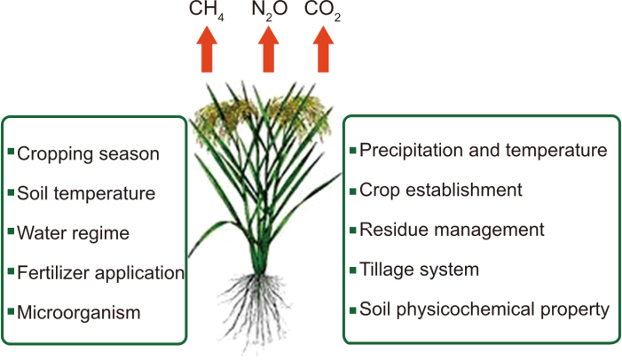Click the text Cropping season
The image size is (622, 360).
tap(88, 154)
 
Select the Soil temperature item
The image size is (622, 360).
tap(86, 193)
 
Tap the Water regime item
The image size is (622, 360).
tap(73, 233)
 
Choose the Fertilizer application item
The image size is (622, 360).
tap(99, 272)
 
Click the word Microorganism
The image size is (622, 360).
tap(79, 312)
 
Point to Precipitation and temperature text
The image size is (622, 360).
tap(483, 150)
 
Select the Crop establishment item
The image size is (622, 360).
tap(440, 190)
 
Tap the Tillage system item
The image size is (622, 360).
tap(419, 270)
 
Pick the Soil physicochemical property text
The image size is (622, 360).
tap(484, 309)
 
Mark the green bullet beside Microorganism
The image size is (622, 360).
tap(11, 310)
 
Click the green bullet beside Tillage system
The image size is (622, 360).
tap(353, 269)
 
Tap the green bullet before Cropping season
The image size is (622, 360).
tap(11, 153)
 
